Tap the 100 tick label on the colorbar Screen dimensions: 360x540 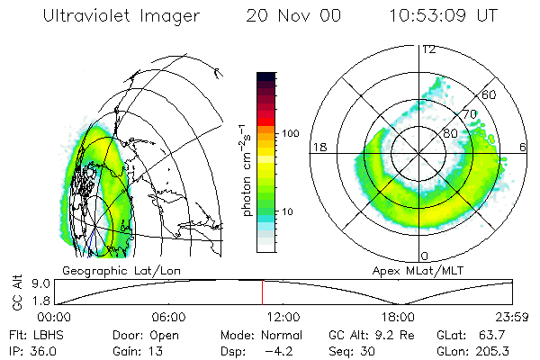tap(291, 133)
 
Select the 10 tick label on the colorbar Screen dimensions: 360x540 tap(288, 211)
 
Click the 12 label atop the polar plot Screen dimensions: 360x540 tap(429, 49)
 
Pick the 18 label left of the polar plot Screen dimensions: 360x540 tap(319, 147)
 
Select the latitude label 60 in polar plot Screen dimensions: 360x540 tap(490, 94)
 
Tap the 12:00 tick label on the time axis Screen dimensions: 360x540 tap(283, 317)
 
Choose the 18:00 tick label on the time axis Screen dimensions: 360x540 tap(398, 317)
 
